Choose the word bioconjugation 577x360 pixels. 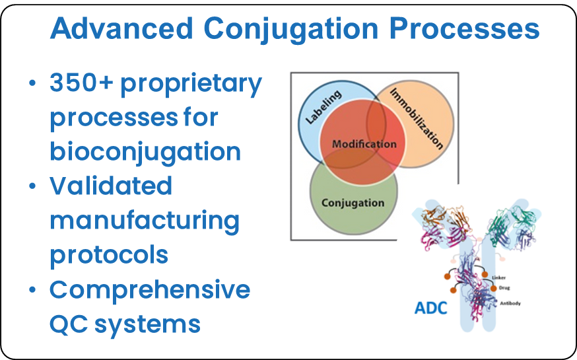[x=145, y=151]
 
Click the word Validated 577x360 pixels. [x=111, y=186]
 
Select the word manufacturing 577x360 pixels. [x=145, y=221]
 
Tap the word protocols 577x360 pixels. [x=109, y=255]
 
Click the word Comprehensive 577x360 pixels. [x=150, y=289]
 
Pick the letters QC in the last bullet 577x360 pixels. [x=69, y=324]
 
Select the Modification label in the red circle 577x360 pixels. [x=364, y=144]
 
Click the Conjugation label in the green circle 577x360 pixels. [x=353, y=202]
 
